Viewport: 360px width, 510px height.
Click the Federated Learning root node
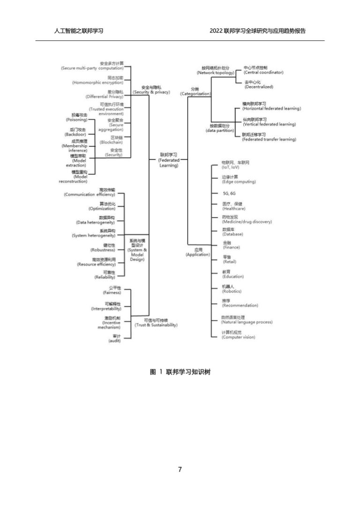click(169, 160)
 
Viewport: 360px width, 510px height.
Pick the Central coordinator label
click(263, 70)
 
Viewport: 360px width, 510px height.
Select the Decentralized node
click(258, 84)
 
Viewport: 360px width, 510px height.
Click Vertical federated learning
click(269, 122)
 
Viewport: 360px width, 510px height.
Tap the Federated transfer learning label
click(269, 137)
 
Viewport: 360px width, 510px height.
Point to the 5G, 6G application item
click(229, 193)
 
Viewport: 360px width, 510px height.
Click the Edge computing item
click(239, 179)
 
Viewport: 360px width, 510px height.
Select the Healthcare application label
click(233, 206)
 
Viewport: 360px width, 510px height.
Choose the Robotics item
click(231, 289)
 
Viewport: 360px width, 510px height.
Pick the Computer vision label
click(238, 335)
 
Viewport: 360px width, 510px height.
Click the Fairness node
click(112, 290)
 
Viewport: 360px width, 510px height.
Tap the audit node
click(114, 338)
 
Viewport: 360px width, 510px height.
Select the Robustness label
click(103, 248)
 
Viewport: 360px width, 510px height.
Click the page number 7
click(180, 469)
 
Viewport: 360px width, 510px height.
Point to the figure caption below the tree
click(180, 372)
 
